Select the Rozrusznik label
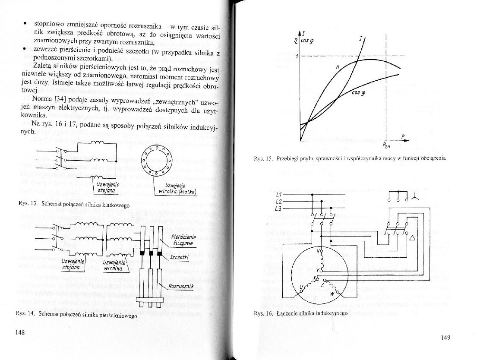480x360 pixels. click(x=180, y=286)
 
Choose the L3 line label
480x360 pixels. click(x=278, y=209)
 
